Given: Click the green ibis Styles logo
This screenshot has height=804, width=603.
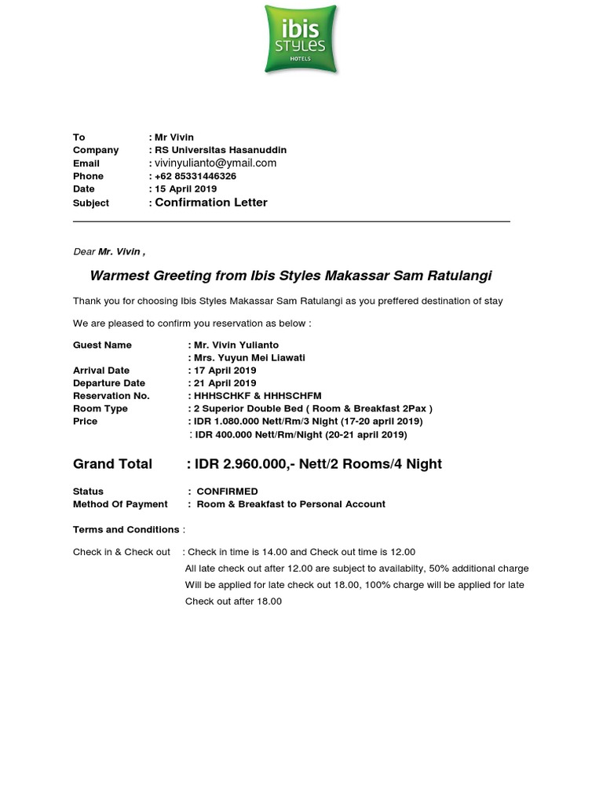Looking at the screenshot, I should click(301, 38).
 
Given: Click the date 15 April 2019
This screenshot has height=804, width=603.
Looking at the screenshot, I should click(185, 189).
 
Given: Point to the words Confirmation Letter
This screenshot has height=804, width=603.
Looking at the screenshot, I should click(211, 203).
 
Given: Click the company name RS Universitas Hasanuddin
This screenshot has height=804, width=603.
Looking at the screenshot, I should click(221, 150).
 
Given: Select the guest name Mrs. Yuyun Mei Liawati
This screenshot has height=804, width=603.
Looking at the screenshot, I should click(250, 358).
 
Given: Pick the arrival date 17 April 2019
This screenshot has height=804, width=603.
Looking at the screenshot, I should click(225, 371).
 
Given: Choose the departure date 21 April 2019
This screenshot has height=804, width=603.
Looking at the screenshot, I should click(225, 383).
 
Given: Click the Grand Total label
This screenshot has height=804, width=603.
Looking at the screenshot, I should click(112, 464).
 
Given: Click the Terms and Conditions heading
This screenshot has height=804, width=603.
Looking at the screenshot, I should click(126, 530).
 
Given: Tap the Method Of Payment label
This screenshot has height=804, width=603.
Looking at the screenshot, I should click(120, 504).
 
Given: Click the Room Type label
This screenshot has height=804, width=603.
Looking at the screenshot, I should click(100, 409).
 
